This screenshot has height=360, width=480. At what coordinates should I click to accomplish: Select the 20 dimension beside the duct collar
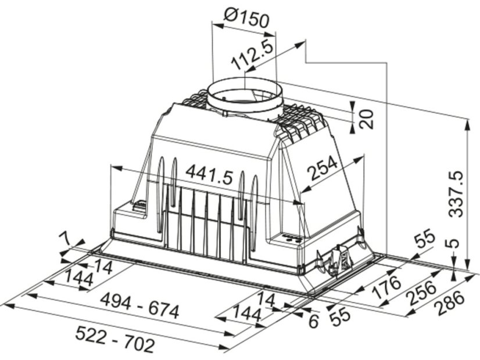tap(367, 118)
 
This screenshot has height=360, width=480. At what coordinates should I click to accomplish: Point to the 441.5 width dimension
tap(209, 175)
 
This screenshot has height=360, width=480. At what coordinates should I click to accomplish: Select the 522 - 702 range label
tap(114, 339)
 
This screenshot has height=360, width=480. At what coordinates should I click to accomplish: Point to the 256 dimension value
tap(422, 293)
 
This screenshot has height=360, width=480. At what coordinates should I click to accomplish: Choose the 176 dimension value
tap(386, 287)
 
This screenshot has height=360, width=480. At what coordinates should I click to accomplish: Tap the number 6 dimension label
tap(313, 322)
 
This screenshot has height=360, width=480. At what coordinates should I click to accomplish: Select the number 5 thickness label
tap(455, 243)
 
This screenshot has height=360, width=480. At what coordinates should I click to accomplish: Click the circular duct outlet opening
tap(245, 92)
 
